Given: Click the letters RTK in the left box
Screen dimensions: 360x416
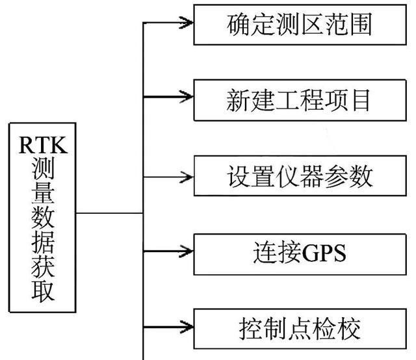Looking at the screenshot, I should pyautogui.click(x=43, y=142).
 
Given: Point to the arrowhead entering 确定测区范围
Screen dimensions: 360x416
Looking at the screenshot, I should pyautogui.click(x=188, y=23).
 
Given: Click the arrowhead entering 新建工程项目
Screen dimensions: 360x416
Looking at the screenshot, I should pyautogui.click(x=188, y=97).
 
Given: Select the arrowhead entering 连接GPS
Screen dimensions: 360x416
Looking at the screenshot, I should pyautogui.click(x=188, y=251).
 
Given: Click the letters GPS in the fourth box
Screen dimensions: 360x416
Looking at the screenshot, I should pyautogui.click(x=323, y=251).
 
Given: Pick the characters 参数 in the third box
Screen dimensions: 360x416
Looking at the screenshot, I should pyautogui.click(x=352, y=175).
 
